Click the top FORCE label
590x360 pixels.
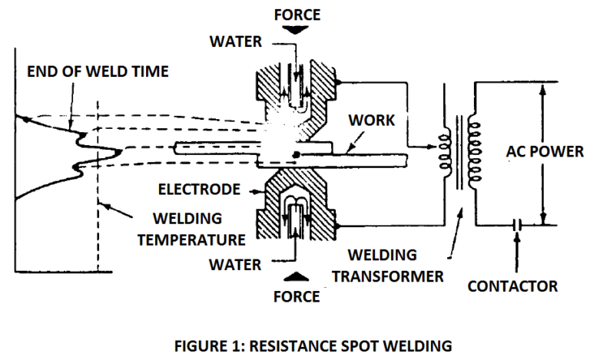[x=297, y=13]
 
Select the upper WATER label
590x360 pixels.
[x=236, y=41]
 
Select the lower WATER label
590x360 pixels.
[x=236, y=264]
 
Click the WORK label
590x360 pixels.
[x=370, y=121]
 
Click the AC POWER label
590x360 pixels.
[x=545, y=150]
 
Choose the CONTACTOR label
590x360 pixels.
[x=513, y=286]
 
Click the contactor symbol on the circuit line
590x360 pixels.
[x=517, y=225]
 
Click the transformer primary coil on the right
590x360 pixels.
[x=472, y=151]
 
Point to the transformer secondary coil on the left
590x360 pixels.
[x=443, y=151]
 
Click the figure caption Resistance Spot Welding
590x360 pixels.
[x=295, y=342]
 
